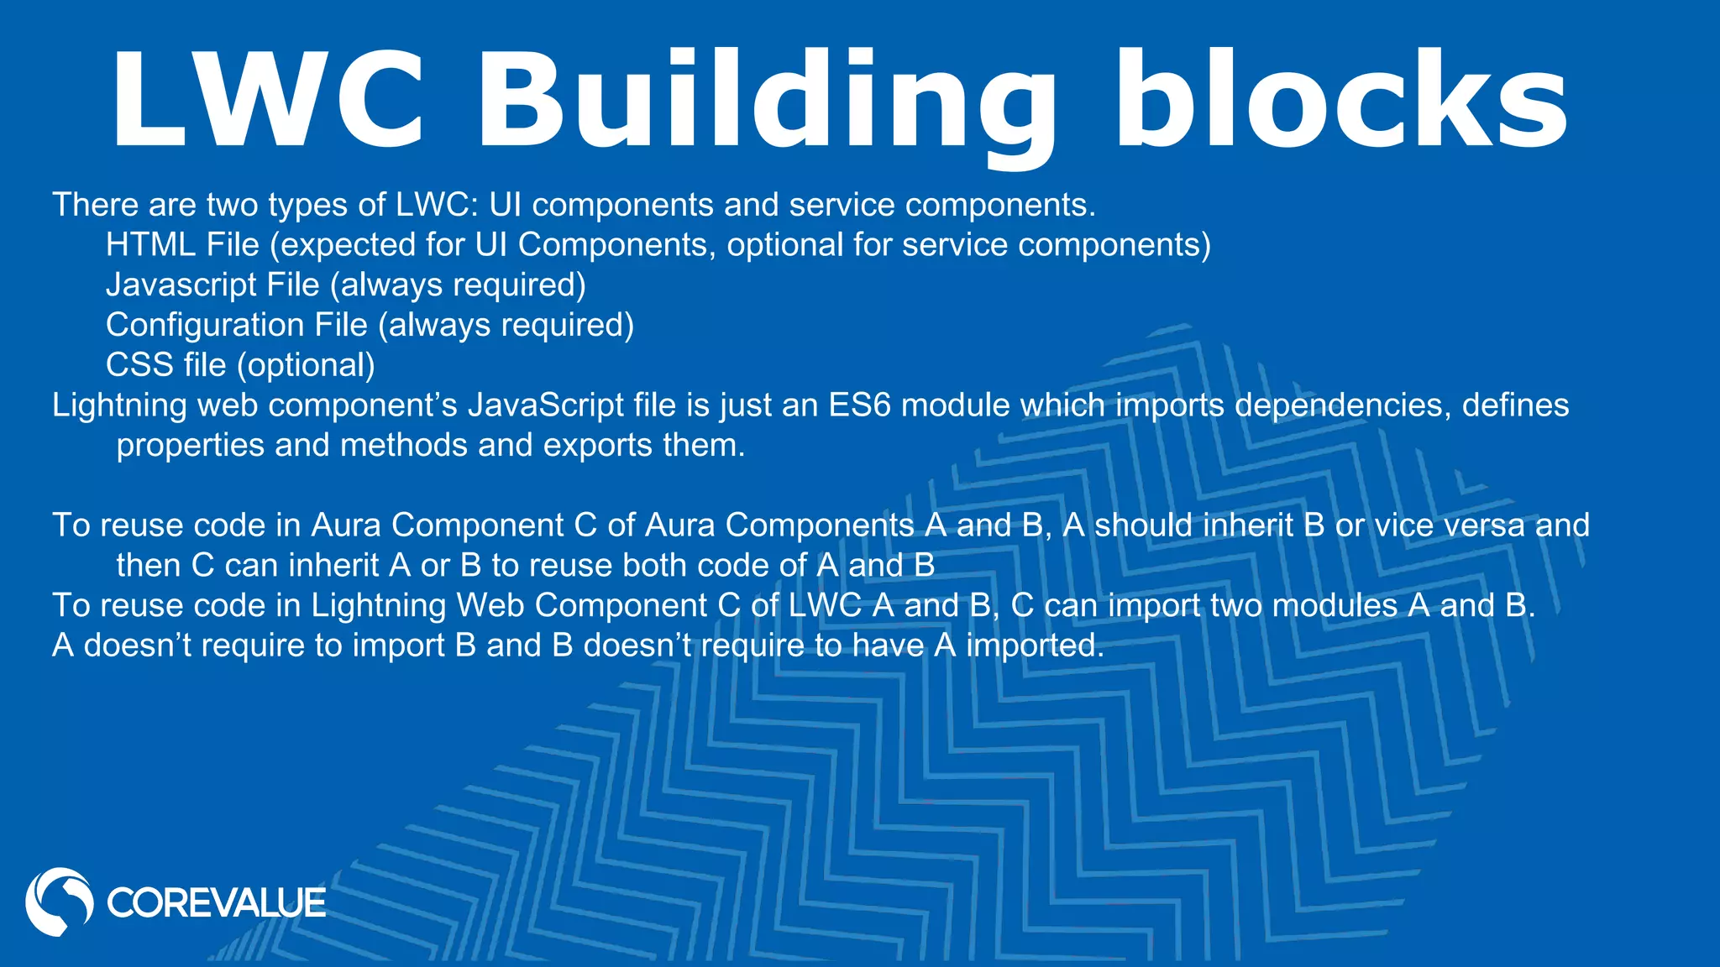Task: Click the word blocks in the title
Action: pos(1340,101)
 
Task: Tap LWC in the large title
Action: pos(269,101)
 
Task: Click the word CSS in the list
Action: pos(139,365)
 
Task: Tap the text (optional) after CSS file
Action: pos(306,366)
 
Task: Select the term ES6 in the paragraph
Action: pos(858,405)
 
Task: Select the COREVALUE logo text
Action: pos(216,903)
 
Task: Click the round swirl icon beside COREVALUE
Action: pos(59,902)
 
